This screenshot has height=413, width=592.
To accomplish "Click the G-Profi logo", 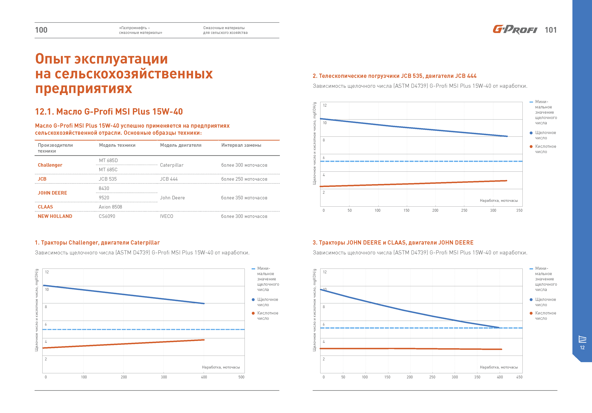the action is click(515, 30).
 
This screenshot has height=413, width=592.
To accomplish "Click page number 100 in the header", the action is click(41, 30).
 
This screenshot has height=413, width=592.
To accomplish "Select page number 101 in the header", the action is click(551, 30).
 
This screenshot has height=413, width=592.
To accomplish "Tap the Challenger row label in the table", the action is click(50, 165).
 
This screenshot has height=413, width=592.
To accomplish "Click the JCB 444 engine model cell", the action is click(169, 179).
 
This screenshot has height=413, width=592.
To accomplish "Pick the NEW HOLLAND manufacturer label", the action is click(55, 216).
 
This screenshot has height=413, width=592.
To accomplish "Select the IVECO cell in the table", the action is click(167, 216).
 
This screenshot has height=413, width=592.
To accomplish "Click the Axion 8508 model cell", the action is click(110, 207).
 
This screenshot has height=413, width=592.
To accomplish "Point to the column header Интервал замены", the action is click(241, 145).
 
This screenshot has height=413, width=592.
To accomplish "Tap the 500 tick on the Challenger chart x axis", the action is click(241, 377).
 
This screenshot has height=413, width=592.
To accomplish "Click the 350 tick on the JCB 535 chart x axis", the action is click(519, 210).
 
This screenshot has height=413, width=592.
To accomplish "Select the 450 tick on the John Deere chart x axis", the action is click(519, 377).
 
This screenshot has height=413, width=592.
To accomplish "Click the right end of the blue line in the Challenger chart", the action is click(204, 304).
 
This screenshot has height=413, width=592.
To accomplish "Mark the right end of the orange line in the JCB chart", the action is click(507, 181).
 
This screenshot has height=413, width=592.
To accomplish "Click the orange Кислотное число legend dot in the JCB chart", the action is click(531, 147).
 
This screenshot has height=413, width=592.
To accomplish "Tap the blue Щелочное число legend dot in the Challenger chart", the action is click(253, 299).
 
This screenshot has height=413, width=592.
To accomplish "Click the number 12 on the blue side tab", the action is click(582, 348).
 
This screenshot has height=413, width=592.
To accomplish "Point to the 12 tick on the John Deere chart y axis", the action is click(325, 272).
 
